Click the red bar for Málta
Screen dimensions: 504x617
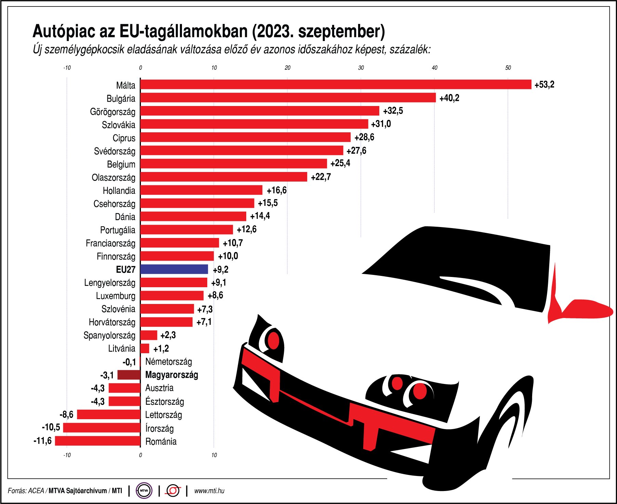[335, 84]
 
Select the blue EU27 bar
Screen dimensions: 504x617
[174, 269]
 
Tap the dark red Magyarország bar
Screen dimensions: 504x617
[129, 375]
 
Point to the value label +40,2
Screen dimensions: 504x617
[449, 98]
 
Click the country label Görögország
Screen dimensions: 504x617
[113, 112]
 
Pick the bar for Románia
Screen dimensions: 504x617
[97, 441]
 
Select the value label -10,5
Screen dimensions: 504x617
[51, 427]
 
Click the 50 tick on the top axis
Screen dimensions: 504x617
[508, 68]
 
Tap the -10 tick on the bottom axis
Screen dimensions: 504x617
[67, 455]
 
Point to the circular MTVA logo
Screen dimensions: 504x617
[144, 491]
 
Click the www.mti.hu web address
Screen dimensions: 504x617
[209, 491]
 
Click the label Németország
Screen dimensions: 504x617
[168, 362]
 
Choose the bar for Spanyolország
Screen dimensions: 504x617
[148, 335]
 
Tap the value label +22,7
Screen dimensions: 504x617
[320, 177]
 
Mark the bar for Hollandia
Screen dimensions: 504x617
[201, 190]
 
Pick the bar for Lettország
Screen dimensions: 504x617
[109, 414]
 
